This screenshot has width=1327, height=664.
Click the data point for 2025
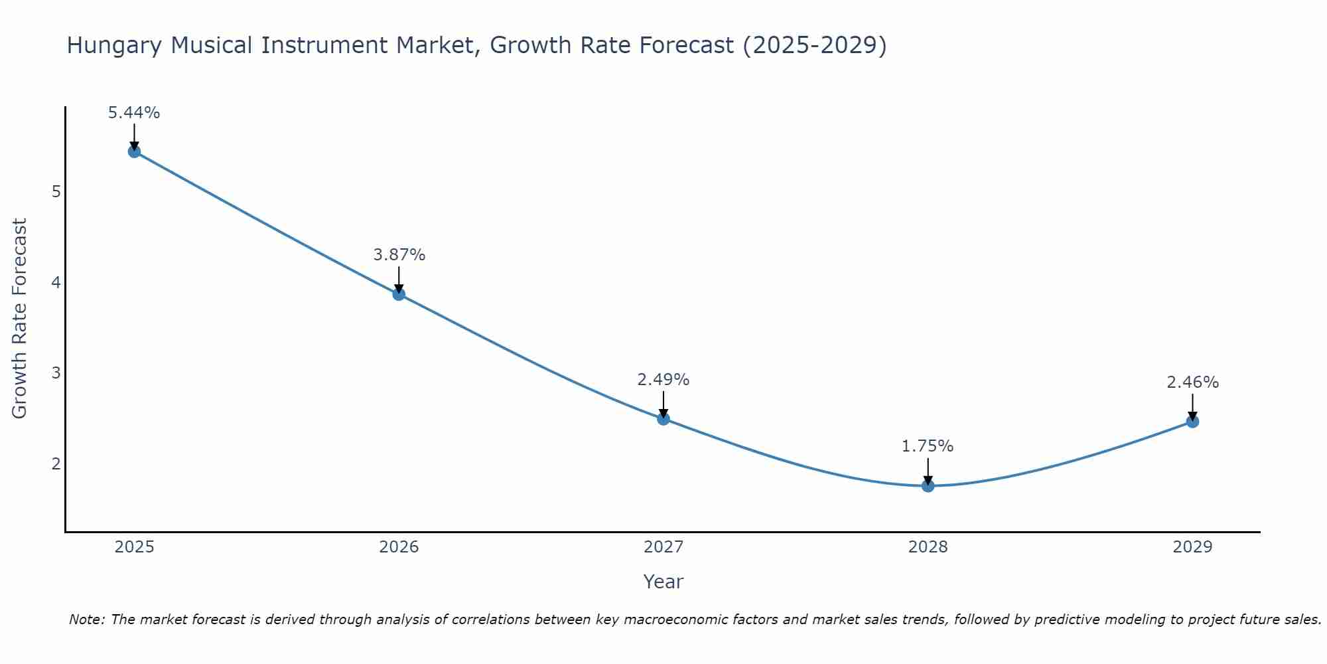(134, 151)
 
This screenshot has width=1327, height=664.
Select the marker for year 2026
(399, 294)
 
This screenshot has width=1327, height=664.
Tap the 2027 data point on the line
(663, 419)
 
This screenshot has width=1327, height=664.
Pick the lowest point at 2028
(928, 486)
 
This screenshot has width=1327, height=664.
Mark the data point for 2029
(1192, 422)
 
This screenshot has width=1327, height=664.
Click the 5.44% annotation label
(134, 113)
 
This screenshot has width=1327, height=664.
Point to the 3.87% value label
(399, 255)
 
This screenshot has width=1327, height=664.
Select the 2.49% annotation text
(663, 380)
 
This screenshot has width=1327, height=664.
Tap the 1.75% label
(928, 446)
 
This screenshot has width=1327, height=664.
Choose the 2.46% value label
(1192, 382)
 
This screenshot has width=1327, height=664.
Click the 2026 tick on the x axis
(399, 547)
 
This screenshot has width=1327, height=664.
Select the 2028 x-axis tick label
(928, 547)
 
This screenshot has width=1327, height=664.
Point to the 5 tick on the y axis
(56, 192)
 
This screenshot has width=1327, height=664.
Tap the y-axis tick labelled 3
(56, 373)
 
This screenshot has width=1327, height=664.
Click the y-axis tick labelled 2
(56, 463)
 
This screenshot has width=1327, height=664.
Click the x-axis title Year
(663, 582)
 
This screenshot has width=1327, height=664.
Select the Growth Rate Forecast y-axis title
(20, 319)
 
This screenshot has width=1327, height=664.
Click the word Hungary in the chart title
(113, 46)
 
